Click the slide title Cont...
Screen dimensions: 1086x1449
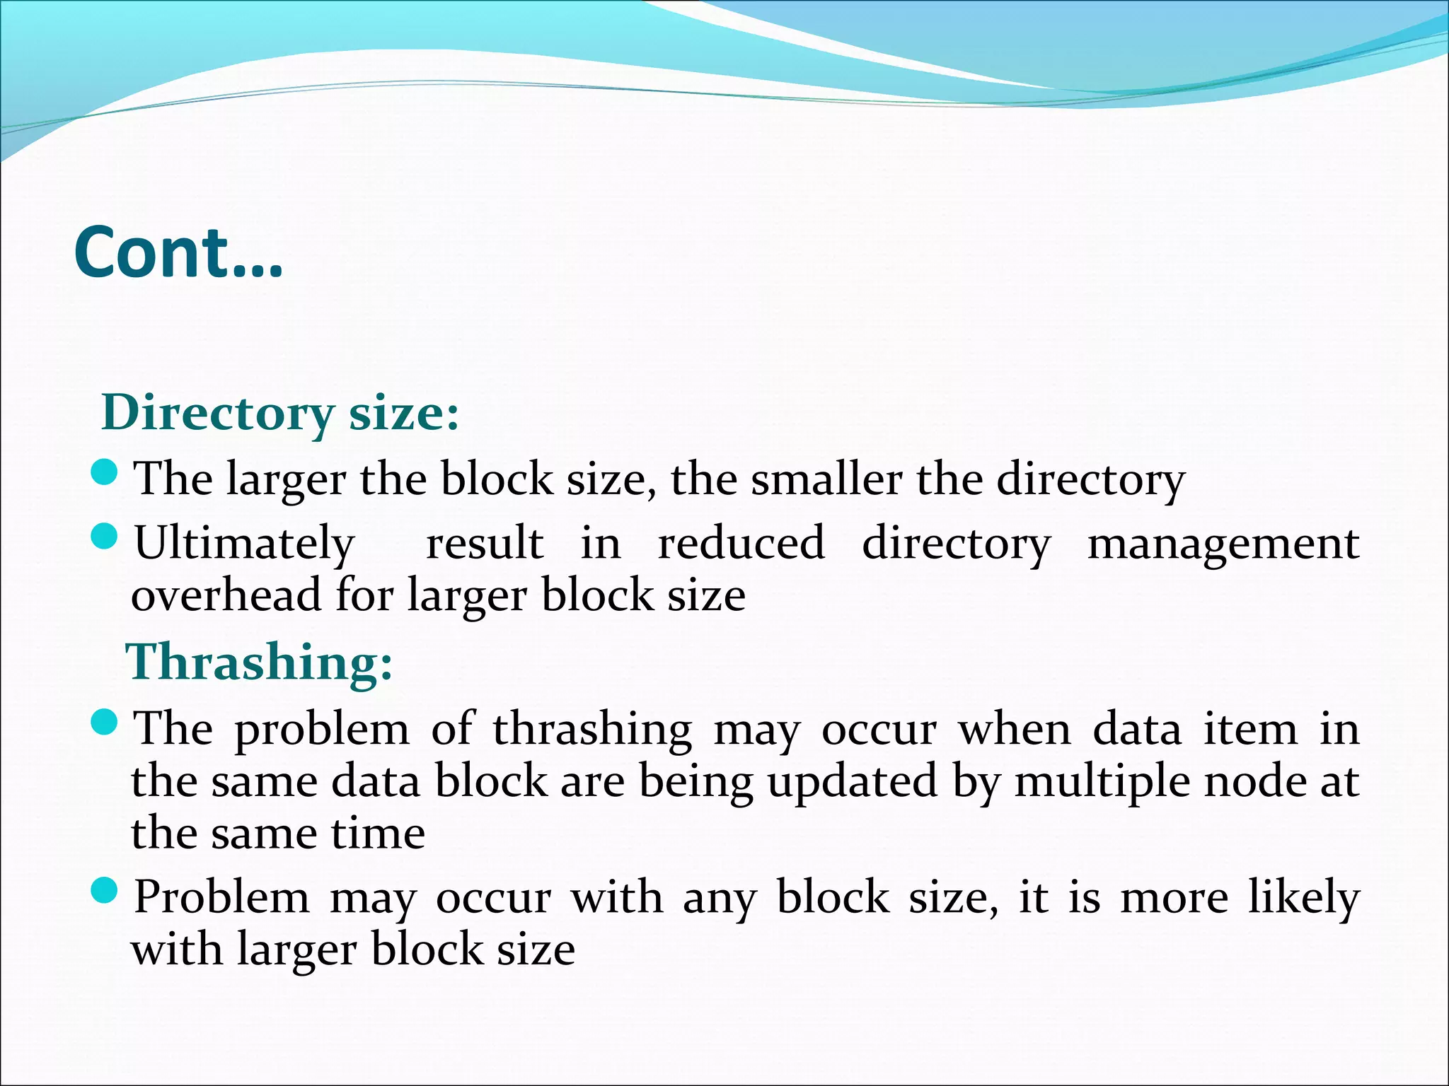pos(178,252)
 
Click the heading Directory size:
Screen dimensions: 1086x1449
pos(281,412)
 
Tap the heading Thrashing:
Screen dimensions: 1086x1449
pos(259,662)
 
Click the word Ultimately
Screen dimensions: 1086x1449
pos(244,544)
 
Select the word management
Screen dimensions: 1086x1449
pos(1223,544)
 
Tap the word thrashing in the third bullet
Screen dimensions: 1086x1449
pos(593,730)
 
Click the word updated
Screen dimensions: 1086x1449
pos(853,782)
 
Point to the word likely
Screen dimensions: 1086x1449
pos(1303,899)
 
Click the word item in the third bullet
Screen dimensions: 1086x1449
pos(1250,730)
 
